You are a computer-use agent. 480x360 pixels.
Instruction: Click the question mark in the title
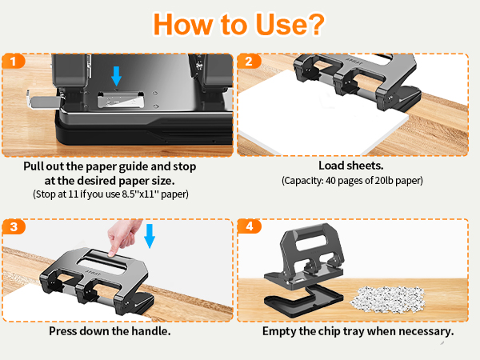314,25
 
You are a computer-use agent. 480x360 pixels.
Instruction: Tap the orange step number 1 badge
13,62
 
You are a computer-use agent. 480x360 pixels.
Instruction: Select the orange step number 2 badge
249,62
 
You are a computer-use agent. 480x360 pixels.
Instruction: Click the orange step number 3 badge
14,227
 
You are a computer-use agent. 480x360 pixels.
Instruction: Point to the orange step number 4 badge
249,226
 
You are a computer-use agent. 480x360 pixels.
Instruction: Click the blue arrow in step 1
116,76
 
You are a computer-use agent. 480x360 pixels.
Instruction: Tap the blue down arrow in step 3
150,236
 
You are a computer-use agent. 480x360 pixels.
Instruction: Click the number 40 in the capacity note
330,181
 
